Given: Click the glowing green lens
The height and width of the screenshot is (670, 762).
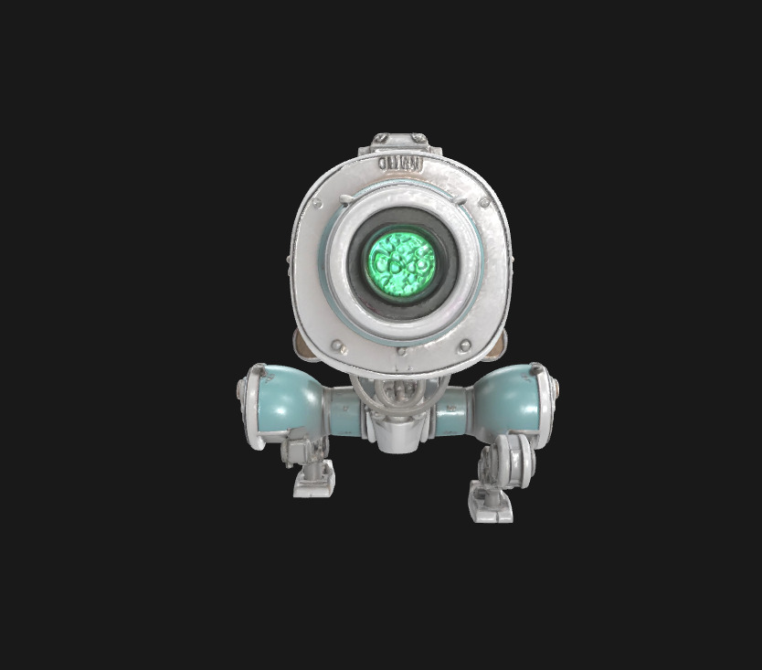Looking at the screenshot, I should (401, 261).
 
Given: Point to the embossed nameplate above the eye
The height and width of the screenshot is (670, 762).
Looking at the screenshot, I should (399, 164).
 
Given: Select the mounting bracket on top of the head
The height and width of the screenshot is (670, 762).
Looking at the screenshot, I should (399, 143).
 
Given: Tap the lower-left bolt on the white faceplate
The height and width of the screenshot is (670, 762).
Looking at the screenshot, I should (337, 346).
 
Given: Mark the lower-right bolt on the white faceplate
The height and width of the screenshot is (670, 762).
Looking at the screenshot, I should (464, 346).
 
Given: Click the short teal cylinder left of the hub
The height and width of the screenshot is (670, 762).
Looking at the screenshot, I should (345, 411).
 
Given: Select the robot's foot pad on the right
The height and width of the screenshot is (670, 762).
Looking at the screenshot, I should (490, 505).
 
